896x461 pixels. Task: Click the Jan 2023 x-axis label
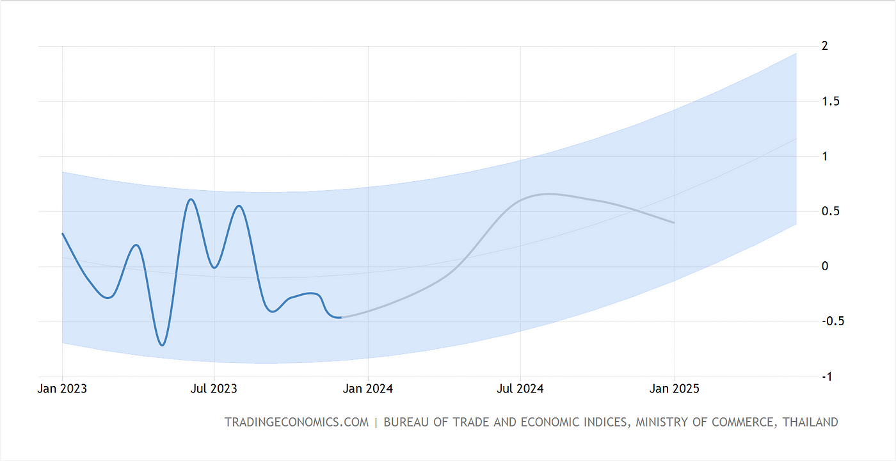coord(63,389)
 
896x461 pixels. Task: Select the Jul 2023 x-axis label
coord(214,389)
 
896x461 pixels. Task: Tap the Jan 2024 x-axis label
coord(368,389)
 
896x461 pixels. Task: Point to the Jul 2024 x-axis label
coord(520,389)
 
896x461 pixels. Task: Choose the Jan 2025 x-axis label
coord(675,389)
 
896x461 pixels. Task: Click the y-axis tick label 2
coord(825,46)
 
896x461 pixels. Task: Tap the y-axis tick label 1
coord(825,156)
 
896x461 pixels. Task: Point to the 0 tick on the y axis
coord(825,266)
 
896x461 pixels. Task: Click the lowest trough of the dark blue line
coord(163,345)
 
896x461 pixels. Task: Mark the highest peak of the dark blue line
coord(191,199)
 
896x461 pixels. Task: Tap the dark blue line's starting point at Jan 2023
coord(63,234)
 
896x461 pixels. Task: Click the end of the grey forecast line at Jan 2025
coord(674,223)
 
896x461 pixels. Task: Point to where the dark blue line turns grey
coord(342,317)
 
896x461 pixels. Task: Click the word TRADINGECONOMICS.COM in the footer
coord(297,423)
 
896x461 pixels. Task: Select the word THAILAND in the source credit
coord(810,423)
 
